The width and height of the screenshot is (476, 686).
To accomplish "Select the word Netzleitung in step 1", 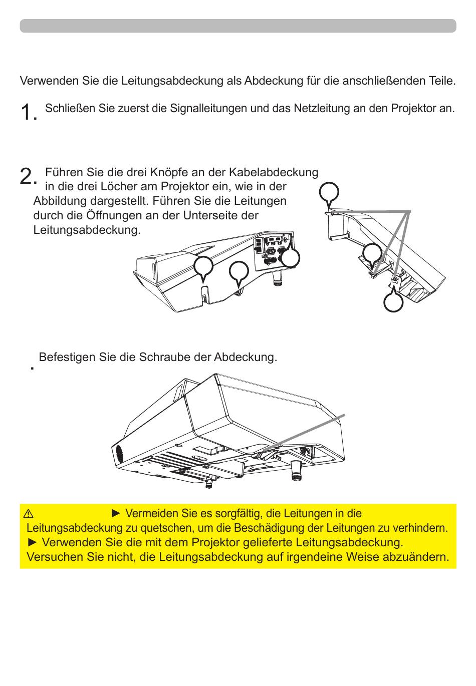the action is (x=322, y=109).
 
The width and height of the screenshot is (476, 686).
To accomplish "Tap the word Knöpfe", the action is (x=166, y=172).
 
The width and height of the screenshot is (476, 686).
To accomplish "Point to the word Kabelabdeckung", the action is (x=274, y=173).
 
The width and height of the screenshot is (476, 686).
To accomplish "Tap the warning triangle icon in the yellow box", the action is (x=29, y=514).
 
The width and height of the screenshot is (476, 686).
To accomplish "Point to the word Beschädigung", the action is (x=271, y=528).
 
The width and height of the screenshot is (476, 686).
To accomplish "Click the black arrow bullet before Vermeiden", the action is (x=116, y=513).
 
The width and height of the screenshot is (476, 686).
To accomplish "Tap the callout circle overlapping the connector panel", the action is (x=290, y=257).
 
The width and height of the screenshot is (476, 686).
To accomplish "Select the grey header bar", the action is (x=238, y=26).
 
